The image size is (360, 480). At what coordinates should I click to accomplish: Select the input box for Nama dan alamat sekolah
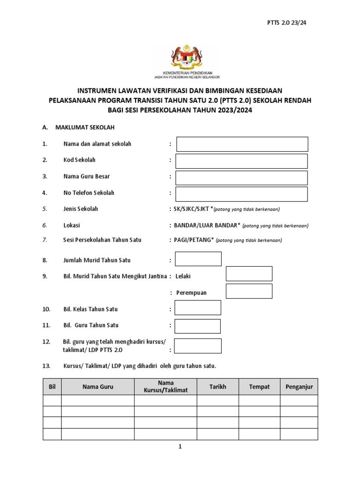(x=242, y=144)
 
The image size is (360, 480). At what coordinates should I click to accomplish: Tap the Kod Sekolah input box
(x=242, y=161)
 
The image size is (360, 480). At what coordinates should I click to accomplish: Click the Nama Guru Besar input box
(x=242, y=178)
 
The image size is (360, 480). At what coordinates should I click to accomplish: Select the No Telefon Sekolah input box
(x=242, y=194)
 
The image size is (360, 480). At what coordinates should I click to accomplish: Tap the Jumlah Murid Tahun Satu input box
(x=198, y=259)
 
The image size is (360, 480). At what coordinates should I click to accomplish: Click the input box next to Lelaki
(x=249, y=274)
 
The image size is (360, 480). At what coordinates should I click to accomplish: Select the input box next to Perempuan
(x=249, y=291)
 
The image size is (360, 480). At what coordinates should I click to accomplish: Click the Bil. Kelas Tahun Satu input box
(x=197, y=307)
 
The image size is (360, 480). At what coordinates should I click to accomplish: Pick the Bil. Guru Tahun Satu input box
(x=197, y=326)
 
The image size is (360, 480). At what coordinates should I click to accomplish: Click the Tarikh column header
(x=217, y=387)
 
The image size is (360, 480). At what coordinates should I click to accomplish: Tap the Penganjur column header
(x=299, y=387)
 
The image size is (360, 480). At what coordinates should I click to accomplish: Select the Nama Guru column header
(x=98, y=387)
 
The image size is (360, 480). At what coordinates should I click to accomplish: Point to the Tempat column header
(x=259, y=387)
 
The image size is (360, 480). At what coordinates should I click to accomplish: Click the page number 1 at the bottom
(x=180, y=447)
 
